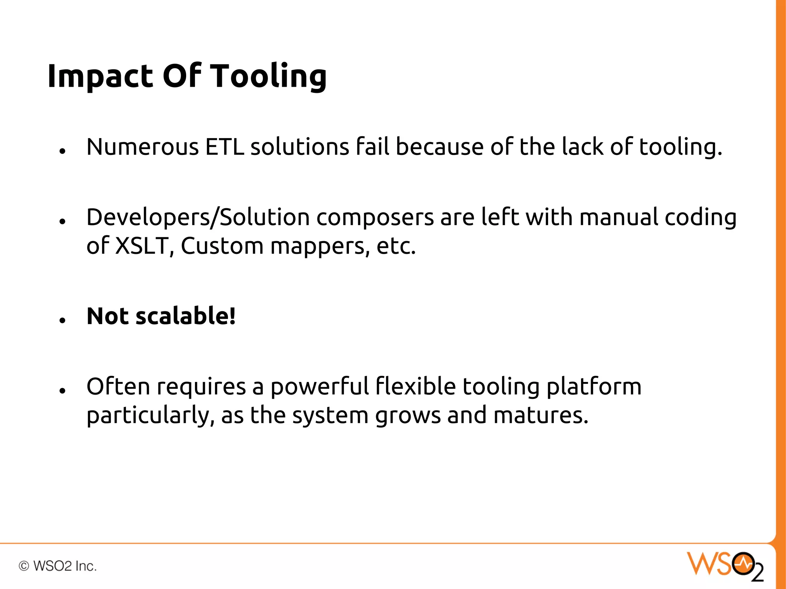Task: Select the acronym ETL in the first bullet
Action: tap(225, 147)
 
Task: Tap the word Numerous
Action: tap(142, 147)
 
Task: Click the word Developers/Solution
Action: tap(198, 217)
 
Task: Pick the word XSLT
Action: tap(142, 246)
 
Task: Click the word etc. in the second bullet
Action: tap(396, 246)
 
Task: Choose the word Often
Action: tap(118, 387)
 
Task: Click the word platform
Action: tap(594, 387)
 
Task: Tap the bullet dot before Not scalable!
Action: tap(63, 320)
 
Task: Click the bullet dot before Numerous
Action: tap(63, 151)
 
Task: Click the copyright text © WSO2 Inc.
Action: tap(58, 566)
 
